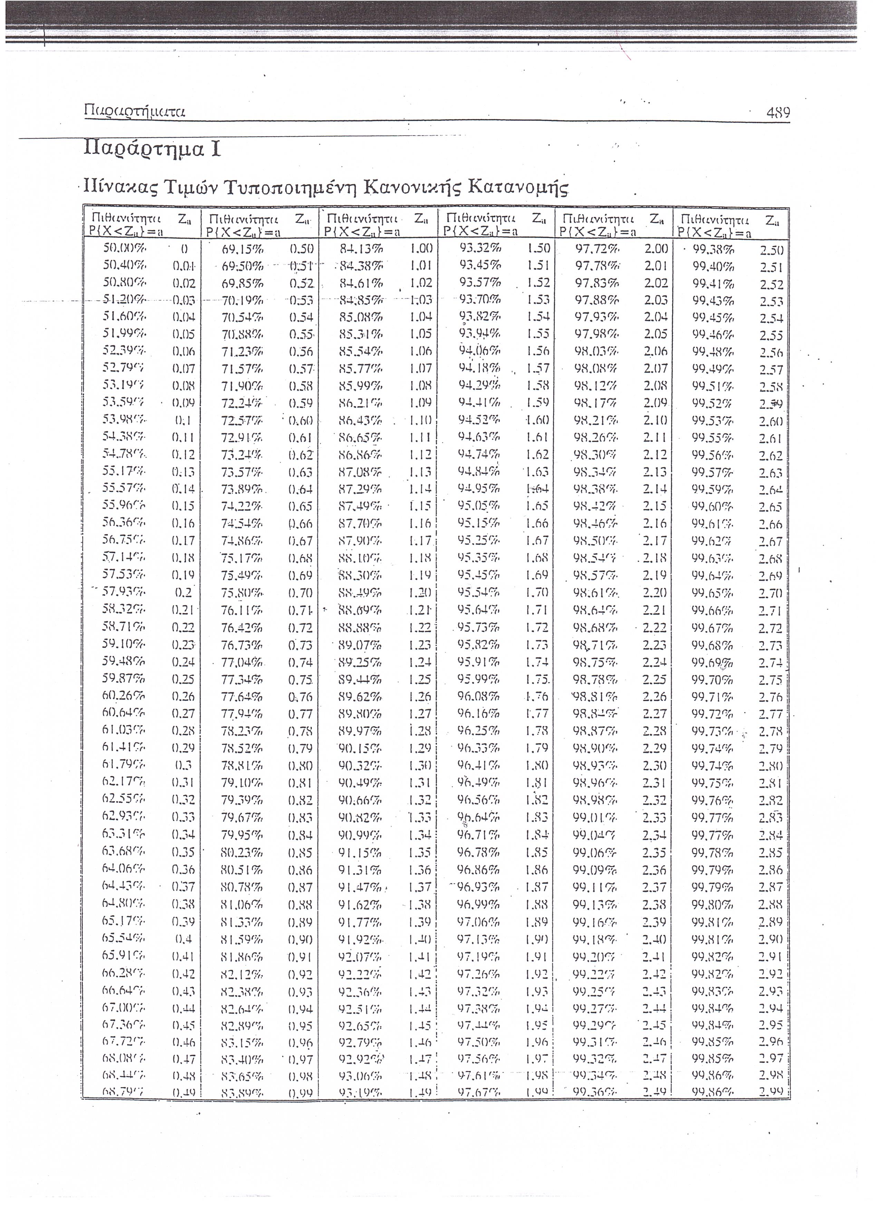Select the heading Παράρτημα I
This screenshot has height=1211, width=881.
coord(152,149)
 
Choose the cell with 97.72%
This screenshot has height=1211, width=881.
coord(597,249)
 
